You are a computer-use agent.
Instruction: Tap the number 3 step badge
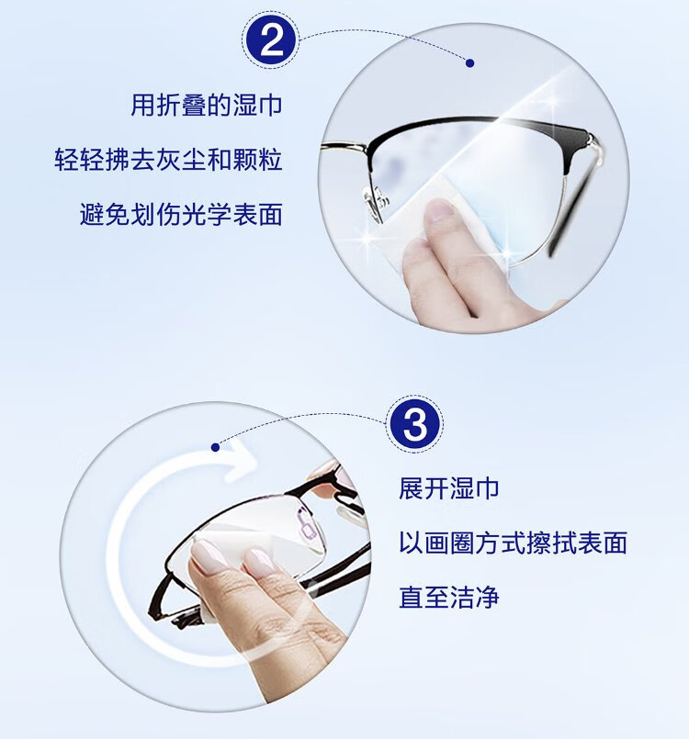[x=414, y=424]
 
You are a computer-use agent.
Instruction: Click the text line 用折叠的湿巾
[x=206, y=105]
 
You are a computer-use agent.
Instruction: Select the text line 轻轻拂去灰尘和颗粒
[x=168, y=160]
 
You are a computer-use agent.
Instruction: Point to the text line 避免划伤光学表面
[x=181, y=215]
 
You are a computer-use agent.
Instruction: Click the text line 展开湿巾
[x=448, y=487]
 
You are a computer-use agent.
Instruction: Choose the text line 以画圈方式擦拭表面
[x=513, y=543]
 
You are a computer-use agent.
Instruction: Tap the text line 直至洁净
[x=448, y=597]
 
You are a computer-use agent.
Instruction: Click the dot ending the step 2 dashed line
[x=469, y=62]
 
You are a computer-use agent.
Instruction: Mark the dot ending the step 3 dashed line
[x=216, y=447]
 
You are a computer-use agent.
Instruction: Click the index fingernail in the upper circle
[x=438, y=211]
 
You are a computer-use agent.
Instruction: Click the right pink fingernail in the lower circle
[x=260, y=562]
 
